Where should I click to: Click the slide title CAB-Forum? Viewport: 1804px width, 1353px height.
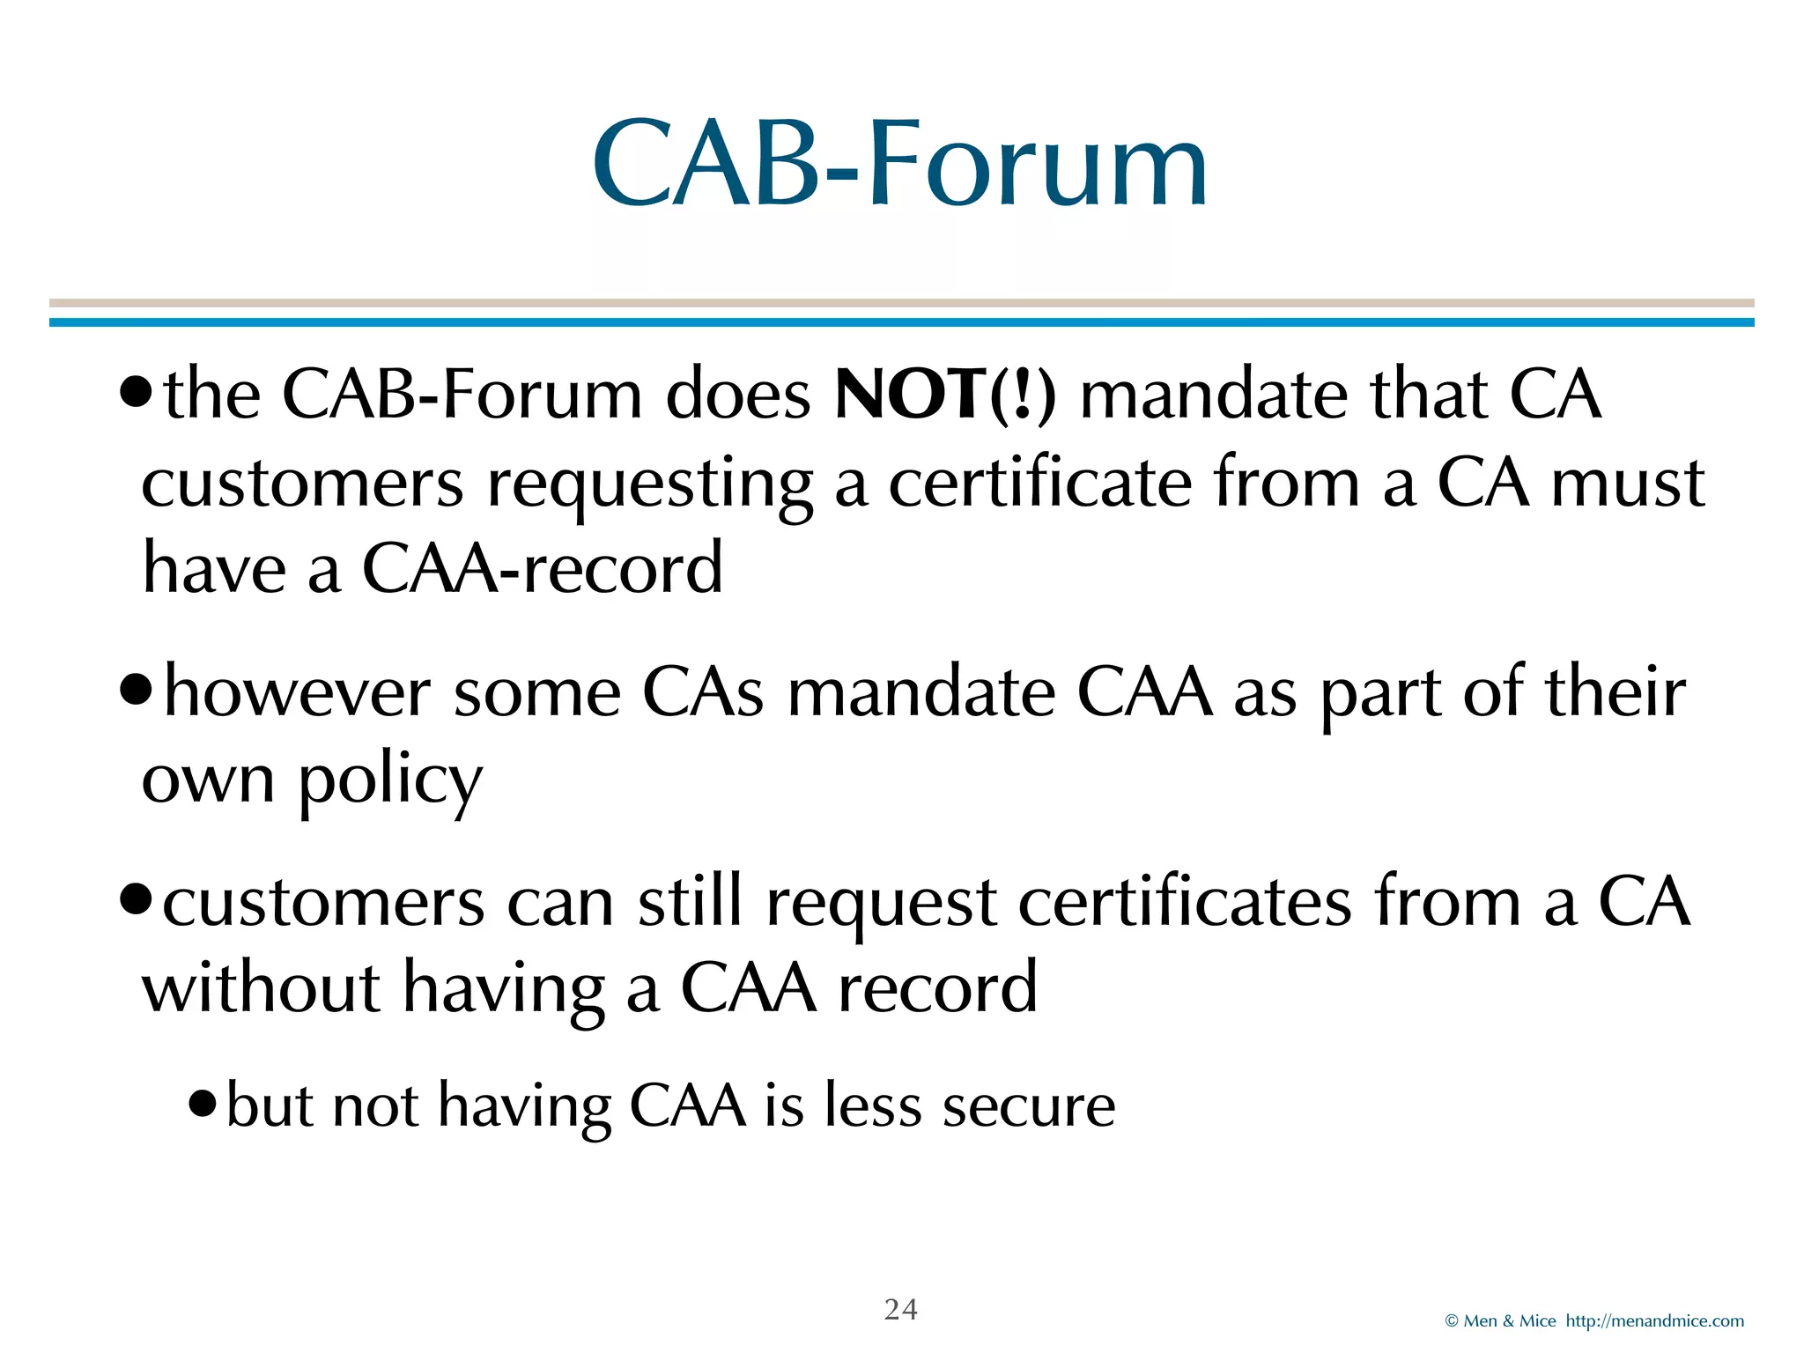(899, 164)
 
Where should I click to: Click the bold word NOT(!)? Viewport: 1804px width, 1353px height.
(944, 394)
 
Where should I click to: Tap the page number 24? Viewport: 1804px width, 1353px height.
(900, 1310)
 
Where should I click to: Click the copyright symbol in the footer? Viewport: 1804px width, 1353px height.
(1452, 1321)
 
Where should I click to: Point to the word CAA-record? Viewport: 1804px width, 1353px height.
(542, 568)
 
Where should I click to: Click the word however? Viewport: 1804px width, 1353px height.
(297, 692)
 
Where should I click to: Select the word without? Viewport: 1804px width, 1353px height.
(261, 987)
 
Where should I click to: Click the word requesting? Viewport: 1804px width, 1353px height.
(649, 484)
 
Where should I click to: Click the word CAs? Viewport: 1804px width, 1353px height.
(702, 692)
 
